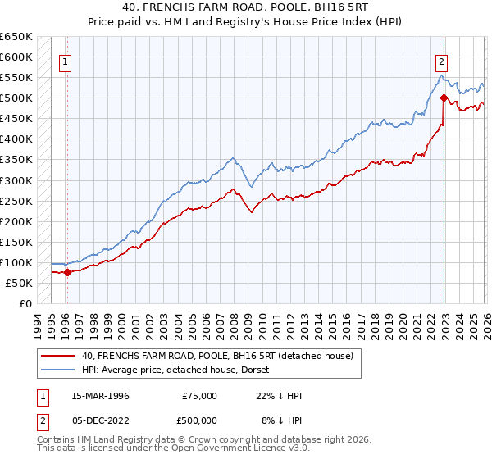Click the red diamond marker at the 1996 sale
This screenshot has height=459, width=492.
pos(66,273)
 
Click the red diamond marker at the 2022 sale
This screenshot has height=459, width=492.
pos(444,98)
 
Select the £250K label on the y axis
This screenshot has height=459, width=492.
pos(17,201)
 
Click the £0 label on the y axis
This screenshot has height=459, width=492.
pos(25,303)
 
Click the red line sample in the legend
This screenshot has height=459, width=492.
pos(57,356)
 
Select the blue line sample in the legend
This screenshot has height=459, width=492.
pos(57,370)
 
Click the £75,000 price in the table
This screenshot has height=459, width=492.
pos(199,395)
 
